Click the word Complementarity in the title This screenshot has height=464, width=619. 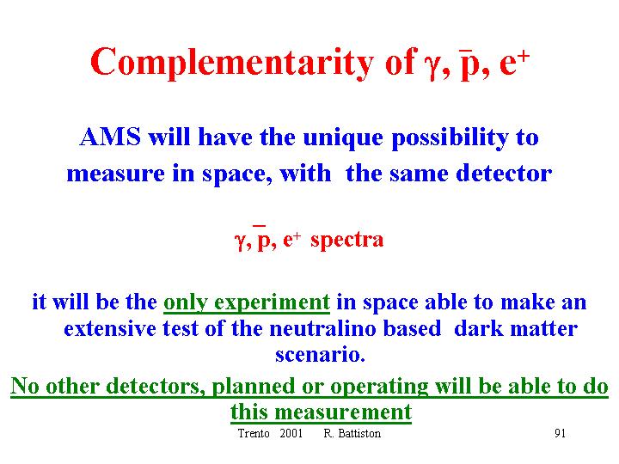(232, 63)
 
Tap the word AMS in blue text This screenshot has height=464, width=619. (110, 137)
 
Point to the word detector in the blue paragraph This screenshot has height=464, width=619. (504, 173)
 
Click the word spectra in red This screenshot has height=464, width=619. (347, 241)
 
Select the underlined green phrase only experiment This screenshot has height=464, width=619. (247, 303)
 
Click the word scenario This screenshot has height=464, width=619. (320, 354)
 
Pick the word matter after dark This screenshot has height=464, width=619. (544, 328)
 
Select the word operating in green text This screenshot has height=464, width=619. (379, 387)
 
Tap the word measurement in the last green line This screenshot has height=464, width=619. (343, 412)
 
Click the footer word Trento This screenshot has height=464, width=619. (254, 433)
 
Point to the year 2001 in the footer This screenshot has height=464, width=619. (291, 433)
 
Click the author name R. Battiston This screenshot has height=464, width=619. (352, 433)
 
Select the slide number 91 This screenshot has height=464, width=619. (560, 433)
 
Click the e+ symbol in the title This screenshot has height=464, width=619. (514, 63)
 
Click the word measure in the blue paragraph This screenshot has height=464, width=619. (116, 174)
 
